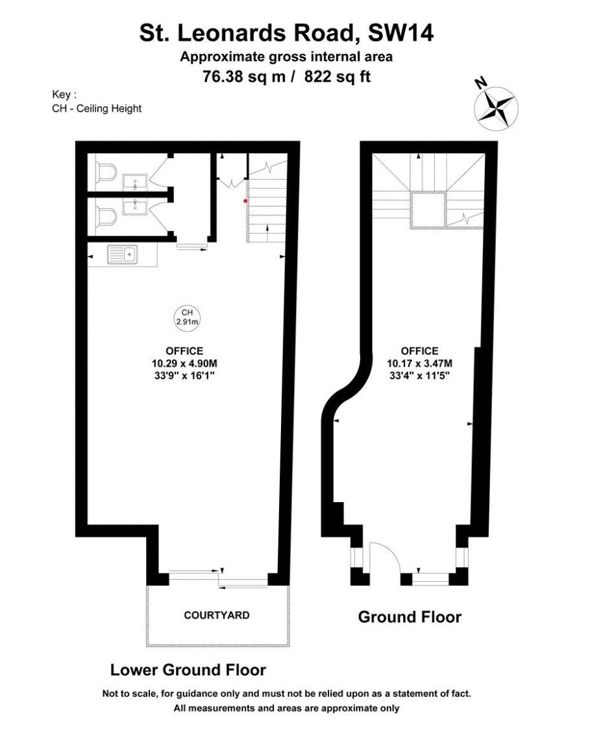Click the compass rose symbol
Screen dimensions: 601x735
point(496,109)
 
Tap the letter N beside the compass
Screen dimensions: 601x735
point(480,83)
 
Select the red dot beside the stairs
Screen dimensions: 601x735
point(245,201)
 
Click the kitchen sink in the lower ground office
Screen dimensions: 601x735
point(123,255)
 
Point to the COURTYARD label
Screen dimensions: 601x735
point(217,615)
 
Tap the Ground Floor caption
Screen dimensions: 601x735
point(410,617)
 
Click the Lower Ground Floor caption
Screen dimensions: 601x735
point(188,670)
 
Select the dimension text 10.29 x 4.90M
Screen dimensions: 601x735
point(184,363)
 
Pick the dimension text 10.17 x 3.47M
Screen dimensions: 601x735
point(419,363)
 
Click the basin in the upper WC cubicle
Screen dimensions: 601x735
point(136,182)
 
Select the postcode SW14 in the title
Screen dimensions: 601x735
point(401,33)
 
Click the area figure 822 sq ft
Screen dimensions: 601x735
point(337,76)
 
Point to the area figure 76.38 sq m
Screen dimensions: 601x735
point(244,76)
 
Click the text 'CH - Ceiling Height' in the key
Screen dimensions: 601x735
point(97,109)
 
